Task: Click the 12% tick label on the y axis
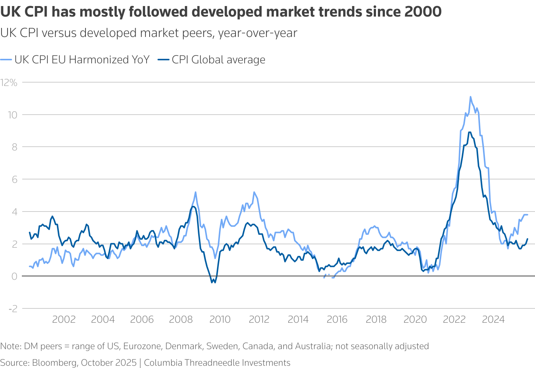click(9, 83)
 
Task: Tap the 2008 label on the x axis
click(181, 320)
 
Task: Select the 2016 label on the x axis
click(337, 320)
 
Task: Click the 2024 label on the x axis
click(493, 320)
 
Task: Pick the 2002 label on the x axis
click(64, 320)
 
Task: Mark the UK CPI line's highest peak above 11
click(471, 97)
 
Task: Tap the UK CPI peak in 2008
click(196, 192)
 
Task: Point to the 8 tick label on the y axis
click(15, 147)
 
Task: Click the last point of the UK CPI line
click(527, 215)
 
